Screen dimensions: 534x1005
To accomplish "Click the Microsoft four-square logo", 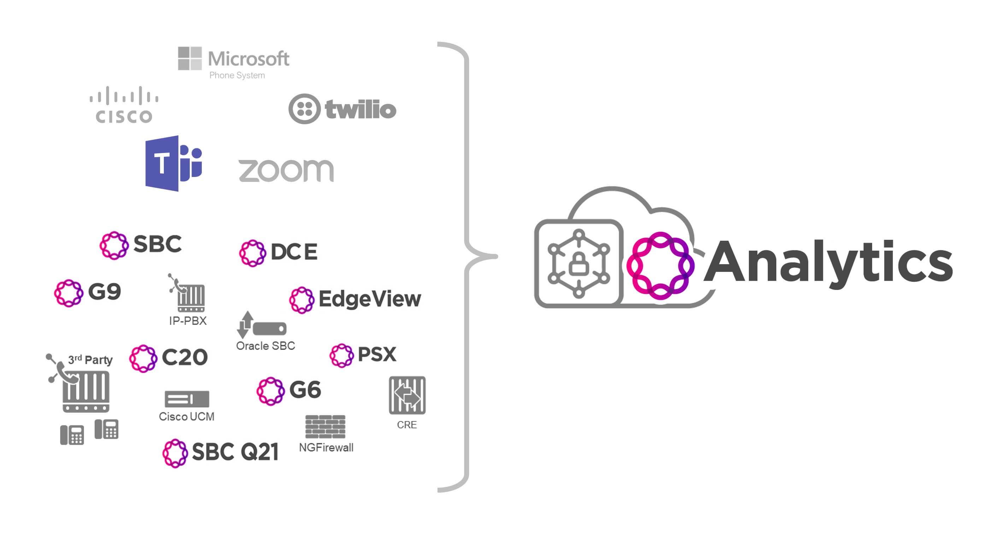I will (x=190, y=59).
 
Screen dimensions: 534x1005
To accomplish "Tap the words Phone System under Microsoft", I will (x=237, y=75).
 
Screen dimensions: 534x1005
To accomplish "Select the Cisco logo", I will (x=124, y=105).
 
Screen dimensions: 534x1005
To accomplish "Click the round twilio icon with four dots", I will (x=304, y=109).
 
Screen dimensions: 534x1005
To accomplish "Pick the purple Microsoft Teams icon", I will (x=173, y=164).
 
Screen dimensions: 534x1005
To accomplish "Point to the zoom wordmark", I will (x=286, y=170).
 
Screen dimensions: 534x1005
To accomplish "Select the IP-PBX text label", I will (x=188, y=321).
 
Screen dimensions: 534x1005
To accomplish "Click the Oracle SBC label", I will (x=265, y=346).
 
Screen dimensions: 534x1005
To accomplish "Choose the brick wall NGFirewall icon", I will (x=325, y=426).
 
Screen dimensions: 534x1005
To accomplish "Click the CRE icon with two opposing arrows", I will (x=407, y=395).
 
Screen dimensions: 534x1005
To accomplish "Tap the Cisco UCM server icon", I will (x=187, y=399).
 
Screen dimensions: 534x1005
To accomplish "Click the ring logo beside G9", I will (x=69, y=293).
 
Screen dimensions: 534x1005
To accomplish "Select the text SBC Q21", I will (x=235, y=452).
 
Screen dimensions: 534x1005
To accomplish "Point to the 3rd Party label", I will (x=90, y=360).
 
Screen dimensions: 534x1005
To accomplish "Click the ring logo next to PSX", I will (x=341, y=355).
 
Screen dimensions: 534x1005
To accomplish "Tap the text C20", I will (x=184, y=357).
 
